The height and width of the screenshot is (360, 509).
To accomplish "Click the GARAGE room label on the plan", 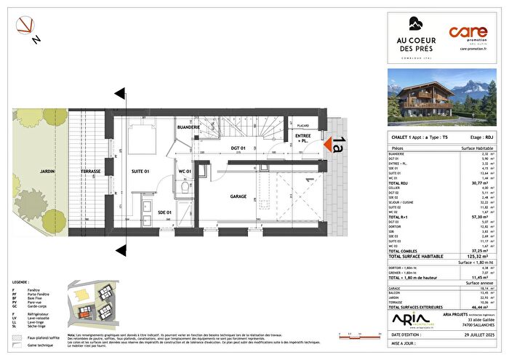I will click(x=239, y=196).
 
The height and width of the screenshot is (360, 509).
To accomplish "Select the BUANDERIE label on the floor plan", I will click(x=188, y=127).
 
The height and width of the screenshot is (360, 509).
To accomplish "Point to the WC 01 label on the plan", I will click(x=185, y=172).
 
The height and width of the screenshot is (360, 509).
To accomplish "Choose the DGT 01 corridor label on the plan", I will click(x=240, y=148).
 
